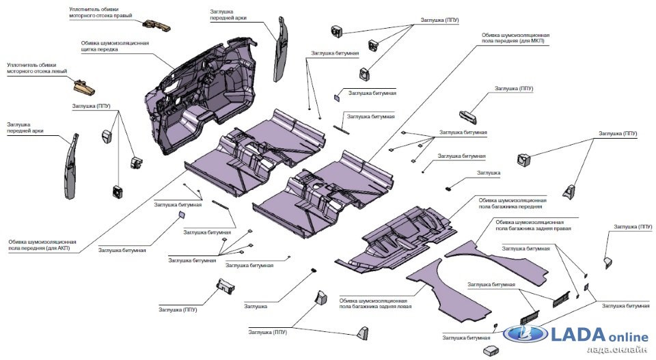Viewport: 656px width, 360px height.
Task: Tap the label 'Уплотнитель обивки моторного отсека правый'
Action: click(x=101, y=12)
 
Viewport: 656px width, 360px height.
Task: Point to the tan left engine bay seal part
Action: click(x=84, y=86)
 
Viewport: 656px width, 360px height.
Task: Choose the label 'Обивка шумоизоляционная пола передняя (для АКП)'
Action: click(x=42, y=245)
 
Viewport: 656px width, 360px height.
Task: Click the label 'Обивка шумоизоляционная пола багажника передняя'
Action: click(x=512, y=203)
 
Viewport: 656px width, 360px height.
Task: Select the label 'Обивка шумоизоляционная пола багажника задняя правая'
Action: click(x=530, y=226)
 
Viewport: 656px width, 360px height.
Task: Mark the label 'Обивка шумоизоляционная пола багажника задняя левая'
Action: click(x=374, y=304)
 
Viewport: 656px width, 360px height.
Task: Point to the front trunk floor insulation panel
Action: click(x=403, y=236)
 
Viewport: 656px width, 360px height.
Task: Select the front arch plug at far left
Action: click(x=73, y=164)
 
